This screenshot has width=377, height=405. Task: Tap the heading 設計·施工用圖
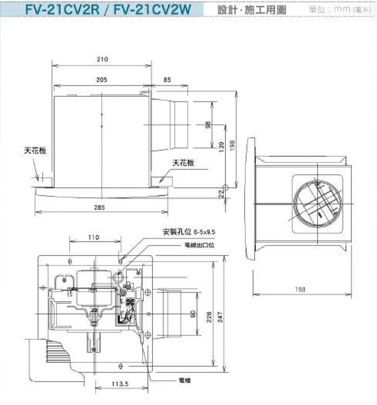(x=252, y=9)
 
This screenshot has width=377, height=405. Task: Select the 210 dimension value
(x=102, y=59)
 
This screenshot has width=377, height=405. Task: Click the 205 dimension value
(x=101, y=80)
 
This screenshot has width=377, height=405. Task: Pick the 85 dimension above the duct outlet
(x=167, y=80)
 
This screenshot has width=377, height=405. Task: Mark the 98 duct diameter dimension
(x=208, y=125)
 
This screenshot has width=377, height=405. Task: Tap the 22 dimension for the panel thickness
(x=222, y=193)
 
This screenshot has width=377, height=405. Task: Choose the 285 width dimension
(x=100, y=207)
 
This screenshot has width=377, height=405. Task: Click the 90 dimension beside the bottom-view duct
(x=193, y=313)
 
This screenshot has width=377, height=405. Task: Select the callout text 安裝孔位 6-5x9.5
(x=188, y=232)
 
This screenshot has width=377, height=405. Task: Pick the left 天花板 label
(x=38, y=151)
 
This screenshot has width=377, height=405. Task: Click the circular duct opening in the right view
(x=318, y=204)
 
